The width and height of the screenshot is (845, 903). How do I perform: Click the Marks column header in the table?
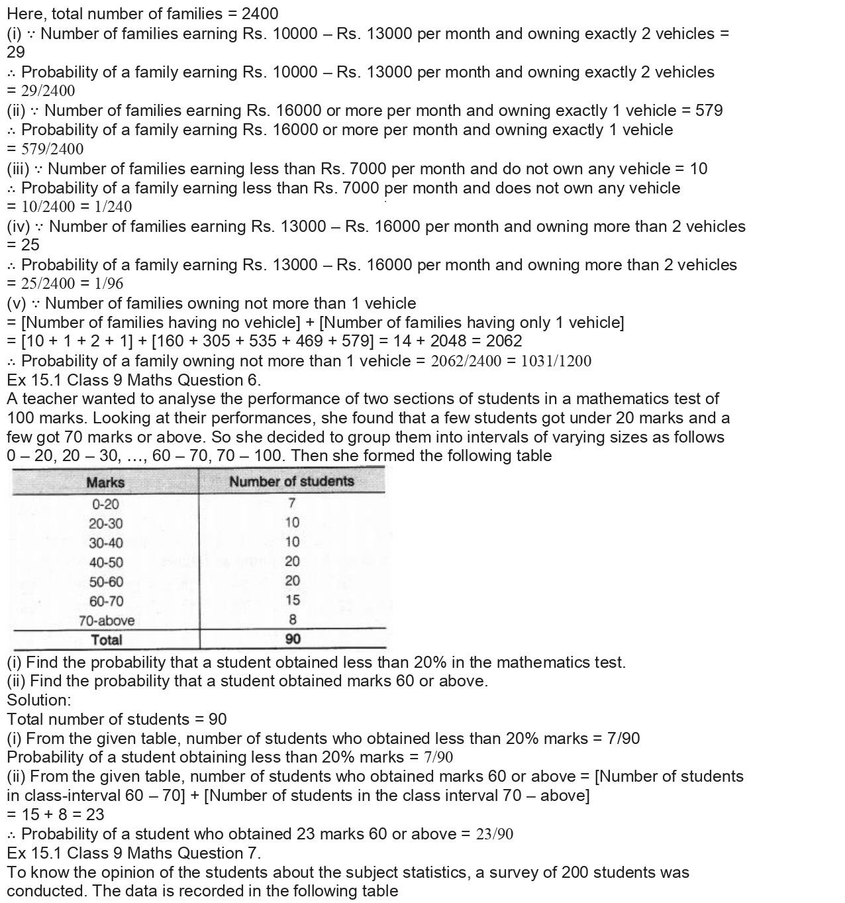(105, 482)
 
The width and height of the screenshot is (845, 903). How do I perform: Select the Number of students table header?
(291, 482)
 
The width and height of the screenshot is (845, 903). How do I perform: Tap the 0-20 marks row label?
(105, 504)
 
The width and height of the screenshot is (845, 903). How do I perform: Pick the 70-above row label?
(106, 621)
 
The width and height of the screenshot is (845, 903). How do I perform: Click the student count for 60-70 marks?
(292, 600)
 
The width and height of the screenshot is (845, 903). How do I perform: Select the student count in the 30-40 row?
(292, 542)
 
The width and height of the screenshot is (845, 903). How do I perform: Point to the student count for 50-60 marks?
(292, 581)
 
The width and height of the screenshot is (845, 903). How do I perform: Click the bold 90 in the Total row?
(292, 639)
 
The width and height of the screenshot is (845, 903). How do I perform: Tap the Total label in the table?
(106, 640)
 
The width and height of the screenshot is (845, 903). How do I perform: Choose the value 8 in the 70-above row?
(292, 620)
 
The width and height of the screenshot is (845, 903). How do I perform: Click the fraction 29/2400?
(48, 91)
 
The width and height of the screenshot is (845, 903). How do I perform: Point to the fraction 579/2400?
(52, 149)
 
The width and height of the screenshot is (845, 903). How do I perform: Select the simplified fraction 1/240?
(113, 207)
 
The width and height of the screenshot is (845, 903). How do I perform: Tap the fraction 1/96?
(109, 284)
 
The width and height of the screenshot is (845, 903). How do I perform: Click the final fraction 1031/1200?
(556, 361)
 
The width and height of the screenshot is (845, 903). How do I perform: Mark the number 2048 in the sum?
(450, 341)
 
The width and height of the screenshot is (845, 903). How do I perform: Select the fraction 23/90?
(494, 834)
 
